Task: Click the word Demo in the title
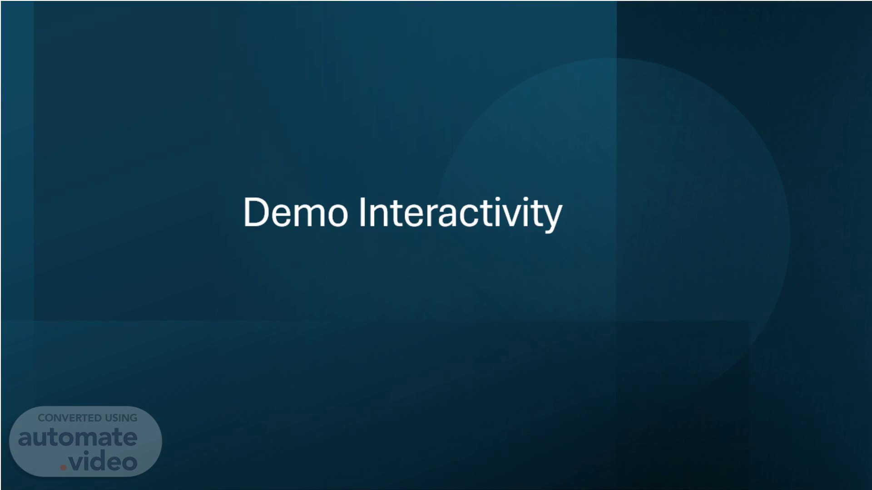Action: pyautogui.click(x=296, y=212)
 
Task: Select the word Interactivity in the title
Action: pyautogui.click(x=461, y=214)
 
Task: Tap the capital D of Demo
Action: pyautogui.click(x=257, y=212)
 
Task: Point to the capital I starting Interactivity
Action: pyautogui.click(x=362, y=212)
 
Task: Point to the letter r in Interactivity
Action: pyautogui.click(x=433, y=216)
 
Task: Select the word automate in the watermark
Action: pyautogui.click(x=78, y=437)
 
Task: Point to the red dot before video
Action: pyautogui.click(x=64, y=467)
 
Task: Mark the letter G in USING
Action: pyautogui.click(x=133, y=418)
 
